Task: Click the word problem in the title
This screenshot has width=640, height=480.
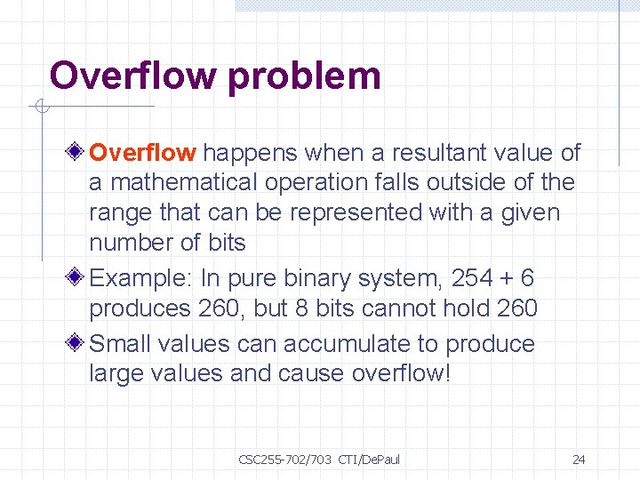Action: click(304, 77)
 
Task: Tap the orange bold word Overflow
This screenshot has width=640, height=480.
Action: click(142, 153)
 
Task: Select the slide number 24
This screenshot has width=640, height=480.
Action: click(579, 460)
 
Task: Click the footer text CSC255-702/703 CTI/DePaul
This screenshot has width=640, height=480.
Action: click(319, 460)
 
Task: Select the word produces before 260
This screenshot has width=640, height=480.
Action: click(140, 308)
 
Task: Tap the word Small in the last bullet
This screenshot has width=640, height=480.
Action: click(119, 344)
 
